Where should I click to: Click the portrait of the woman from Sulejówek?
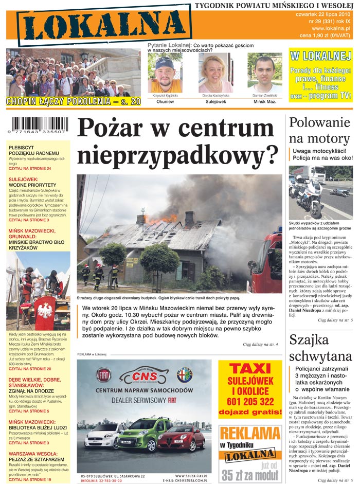pyautogui.click(x=215, y=74)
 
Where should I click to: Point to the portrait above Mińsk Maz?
pyautogui.click(x=265, y=74)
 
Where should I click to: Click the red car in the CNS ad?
pyautogui.click(x=181, y=438)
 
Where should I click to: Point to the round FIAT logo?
pyautogui.click(x=103, y=375)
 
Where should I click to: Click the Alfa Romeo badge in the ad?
pyautogui.click(x=184, y=374)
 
